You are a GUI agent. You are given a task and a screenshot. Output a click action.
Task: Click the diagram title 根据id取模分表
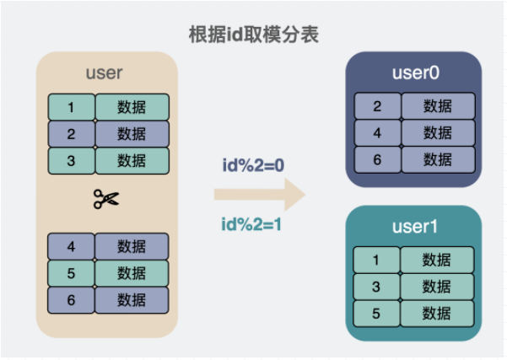pos(254,35)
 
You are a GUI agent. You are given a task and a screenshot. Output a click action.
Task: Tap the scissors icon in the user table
pos(106,199)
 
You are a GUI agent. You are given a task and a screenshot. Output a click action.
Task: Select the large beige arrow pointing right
pos(260,195)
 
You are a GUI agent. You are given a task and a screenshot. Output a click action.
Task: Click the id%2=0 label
pos(253,165)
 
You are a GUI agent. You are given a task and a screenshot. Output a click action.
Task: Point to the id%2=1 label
pos(251,224)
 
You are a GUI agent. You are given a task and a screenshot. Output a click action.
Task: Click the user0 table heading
pos(416,73)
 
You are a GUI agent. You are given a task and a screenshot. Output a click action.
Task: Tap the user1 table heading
pos(415,227)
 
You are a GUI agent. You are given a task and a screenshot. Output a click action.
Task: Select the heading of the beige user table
pos(104,73)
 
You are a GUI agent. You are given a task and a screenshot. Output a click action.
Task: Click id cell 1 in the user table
pos(72,107)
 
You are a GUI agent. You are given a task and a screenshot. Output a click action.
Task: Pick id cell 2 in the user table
pos(72,134)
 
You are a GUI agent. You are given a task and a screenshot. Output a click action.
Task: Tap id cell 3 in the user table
pos(72,161)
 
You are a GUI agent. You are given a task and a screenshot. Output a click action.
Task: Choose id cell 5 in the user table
pos(71,273)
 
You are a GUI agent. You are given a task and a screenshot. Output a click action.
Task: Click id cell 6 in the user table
pos(71,300)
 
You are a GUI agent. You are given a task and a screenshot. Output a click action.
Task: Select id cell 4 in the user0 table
pos(378,133)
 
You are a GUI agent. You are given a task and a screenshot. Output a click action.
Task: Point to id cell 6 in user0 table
pos(378,159)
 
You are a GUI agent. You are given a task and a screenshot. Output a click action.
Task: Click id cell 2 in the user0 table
pos(378,106)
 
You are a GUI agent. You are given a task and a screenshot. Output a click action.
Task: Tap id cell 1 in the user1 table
pos(376,260)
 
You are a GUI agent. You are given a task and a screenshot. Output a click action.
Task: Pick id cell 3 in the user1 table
pos(376,287)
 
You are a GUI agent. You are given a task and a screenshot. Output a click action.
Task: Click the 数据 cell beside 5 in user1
pos(437,314)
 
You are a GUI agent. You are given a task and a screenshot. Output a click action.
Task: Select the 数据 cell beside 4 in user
pos(132,246)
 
